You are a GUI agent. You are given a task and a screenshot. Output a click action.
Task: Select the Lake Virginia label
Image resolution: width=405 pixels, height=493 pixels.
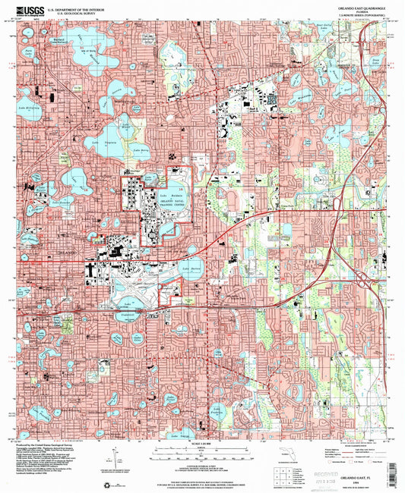coord(103,142)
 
